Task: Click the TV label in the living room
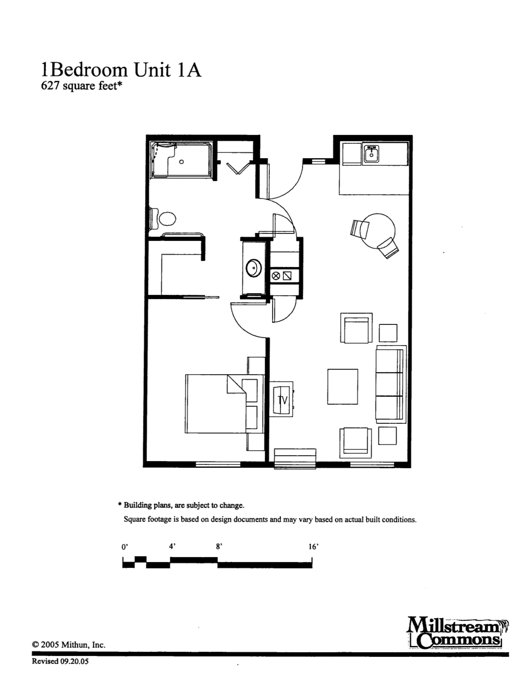click(283, 400)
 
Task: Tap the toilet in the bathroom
click(163, 219)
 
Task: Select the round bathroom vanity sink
click(253, 268)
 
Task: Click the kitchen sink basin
click(372, 155)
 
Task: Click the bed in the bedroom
click(224, 404)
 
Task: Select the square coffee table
click(343, 386)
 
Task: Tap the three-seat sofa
click(391, 384)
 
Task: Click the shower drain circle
click(181, 162)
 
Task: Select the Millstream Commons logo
click(458, 634)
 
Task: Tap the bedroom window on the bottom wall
click(218, 464)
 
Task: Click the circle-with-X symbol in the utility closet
click(276, 276)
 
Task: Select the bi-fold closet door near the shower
click(239, 168)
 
